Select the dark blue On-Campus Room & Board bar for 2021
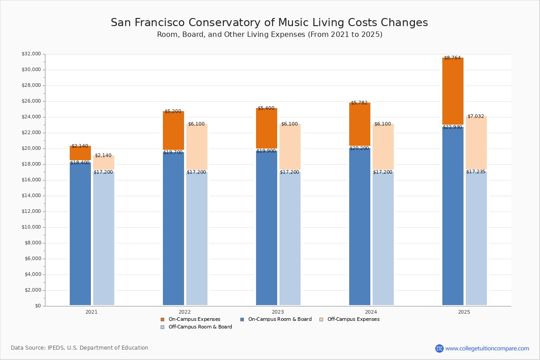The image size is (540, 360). [x=80, y=234]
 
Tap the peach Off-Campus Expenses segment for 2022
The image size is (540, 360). [x=197, y=147]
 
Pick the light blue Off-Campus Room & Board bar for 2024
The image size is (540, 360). [x=383, y=238]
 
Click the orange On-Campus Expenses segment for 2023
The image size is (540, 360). [x=266, y=128]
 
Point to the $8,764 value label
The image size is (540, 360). [x=452, y=58]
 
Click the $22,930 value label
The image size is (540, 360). [x=452, y=127]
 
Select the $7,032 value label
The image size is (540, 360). [x=476, y=117]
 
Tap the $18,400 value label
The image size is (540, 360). [x=80, y=163]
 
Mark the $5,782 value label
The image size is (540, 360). [x=359, y=103]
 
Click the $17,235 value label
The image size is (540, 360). [x=476, y=172]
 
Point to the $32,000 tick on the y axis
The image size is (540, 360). [x=31, y=54]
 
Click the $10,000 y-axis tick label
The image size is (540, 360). [x=31, y=227]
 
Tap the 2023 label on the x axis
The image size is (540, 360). [x=278, y=312]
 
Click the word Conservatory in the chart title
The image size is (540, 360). [x=232, y=23]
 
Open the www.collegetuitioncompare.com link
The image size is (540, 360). [x=487, y=348]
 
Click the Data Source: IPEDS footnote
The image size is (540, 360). [x=80, y=348]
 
